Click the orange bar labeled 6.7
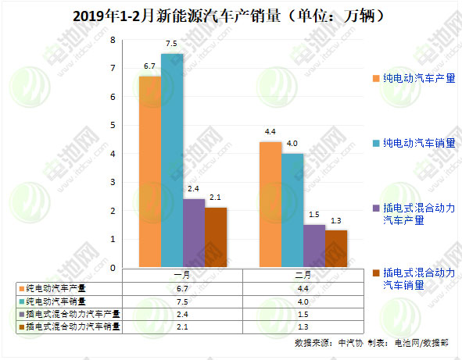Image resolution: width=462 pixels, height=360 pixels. click(x=150, y=172)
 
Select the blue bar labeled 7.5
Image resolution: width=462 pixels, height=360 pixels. click(x=172, y=160)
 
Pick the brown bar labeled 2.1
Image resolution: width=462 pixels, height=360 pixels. click(x=216, y=237)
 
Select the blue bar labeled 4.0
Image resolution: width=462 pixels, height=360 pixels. click(x=292, y=210)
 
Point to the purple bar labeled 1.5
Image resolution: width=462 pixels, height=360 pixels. click(x=313, y=246)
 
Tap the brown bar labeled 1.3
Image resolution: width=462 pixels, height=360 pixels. click(x=335, y=249)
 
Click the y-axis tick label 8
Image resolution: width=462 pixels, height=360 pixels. click(x=113, y=40)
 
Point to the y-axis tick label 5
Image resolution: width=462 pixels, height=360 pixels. click(x=113, y=126)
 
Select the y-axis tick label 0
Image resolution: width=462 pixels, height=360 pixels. click(x=113, y=268)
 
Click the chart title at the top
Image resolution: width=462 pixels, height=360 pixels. click(x=231, y=15)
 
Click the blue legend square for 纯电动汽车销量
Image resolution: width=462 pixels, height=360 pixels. click(x=376, y=144)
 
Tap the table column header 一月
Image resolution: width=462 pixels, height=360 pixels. click(x=182, y=275)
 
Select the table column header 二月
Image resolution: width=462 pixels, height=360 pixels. click(x=303, y=275)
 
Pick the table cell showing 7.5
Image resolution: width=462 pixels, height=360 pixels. click(x=182, y=301)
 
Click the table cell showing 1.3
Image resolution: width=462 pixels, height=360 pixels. click(x=303, y=326)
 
